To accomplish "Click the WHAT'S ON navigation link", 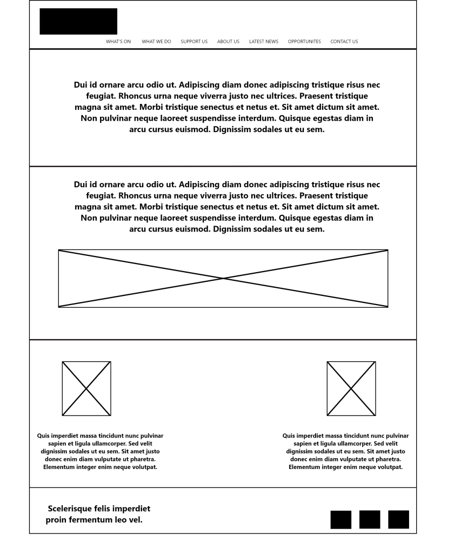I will [x=118, y=42].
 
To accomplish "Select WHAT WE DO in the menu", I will [x=156, y=42].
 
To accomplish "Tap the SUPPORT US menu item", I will [x=194, y=42].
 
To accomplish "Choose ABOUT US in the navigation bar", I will [x=228, y=42].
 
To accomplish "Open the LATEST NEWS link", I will [x=264, y=42].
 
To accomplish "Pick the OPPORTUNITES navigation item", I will [x=304, y=42].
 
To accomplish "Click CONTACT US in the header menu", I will [x=344, y=42].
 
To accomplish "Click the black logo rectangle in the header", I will [x=78, y=22].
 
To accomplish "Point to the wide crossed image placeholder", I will [x=223, y=278].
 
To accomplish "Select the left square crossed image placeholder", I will [x=86, y=388].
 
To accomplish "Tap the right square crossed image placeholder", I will [x=351, y=388].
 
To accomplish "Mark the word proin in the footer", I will [x=56, y=520].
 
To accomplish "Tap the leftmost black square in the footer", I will [x=341, y=519].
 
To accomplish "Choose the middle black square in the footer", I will [x=370, y=519].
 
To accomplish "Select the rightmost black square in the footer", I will [x=399, y=519].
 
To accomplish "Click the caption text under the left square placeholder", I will [x=100, y=451].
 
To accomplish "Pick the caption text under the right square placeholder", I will [x=346, y=451].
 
